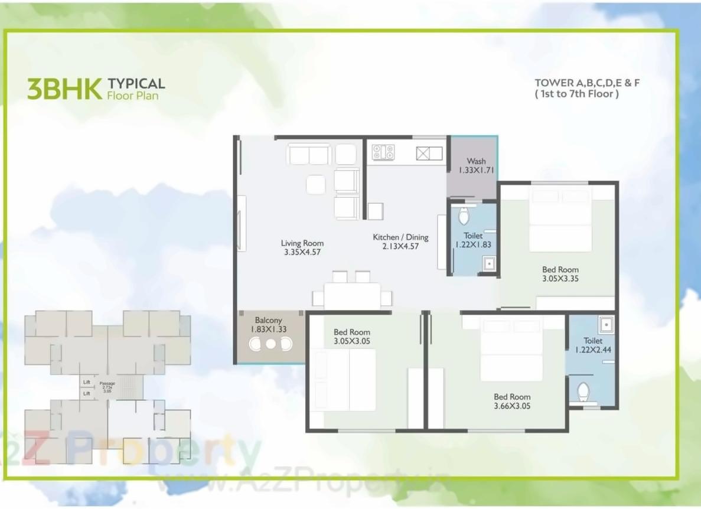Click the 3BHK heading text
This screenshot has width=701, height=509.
tap(64, 89)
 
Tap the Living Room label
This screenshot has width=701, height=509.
tap(302, 243)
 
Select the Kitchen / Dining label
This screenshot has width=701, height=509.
tap(400, 237)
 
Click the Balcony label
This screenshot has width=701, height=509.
tap(268, 320)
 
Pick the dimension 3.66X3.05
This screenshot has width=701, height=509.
tap(512, 406)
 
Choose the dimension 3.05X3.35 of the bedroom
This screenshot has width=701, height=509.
tap(560, 279)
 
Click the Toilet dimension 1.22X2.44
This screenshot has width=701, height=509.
tap(593, 350)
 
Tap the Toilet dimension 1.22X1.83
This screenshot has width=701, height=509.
tap(473, 244)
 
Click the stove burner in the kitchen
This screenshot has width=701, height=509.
tap(383, 152)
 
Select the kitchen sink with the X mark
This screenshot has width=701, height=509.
tap(423, 154)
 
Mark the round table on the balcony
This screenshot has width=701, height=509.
tap(270, 344)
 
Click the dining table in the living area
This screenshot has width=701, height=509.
tap(352, 295)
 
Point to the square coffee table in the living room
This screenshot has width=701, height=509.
tap(316, 185)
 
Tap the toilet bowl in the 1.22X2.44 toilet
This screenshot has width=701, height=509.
tap(583, 391)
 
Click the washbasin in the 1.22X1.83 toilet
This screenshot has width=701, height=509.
tap(488, 263)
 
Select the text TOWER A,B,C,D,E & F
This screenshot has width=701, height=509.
tap(587, 83)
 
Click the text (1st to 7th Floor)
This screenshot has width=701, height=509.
tap(576, 94)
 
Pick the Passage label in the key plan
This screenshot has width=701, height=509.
tap(107, 383)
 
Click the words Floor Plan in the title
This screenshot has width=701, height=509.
tap(132, 95)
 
